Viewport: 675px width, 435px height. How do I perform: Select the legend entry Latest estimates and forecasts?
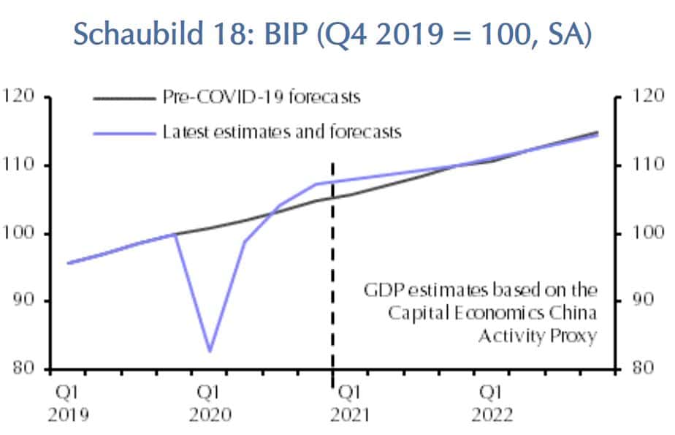(282, 132)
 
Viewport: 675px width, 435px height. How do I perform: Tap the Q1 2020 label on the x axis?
(210, 405)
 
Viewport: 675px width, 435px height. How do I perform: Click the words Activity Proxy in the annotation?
(537, 336)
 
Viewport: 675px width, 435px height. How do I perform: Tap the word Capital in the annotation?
(413, 313)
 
